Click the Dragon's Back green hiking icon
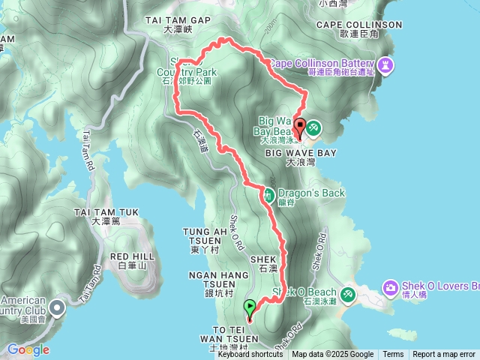coord(268,195)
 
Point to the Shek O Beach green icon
coord(348,293)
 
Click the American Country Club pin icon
coord(59,306)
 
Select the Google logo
coord(28,349)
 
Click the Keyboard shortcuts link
coord(250,355)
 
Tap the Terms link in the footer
coord(393,355)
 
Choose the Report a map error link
coord(444,355)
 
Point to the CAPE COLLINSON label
coord(359,25)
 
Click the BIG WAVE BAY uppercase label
coord(300,152)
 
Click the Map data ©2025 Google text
coord(333,355)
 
